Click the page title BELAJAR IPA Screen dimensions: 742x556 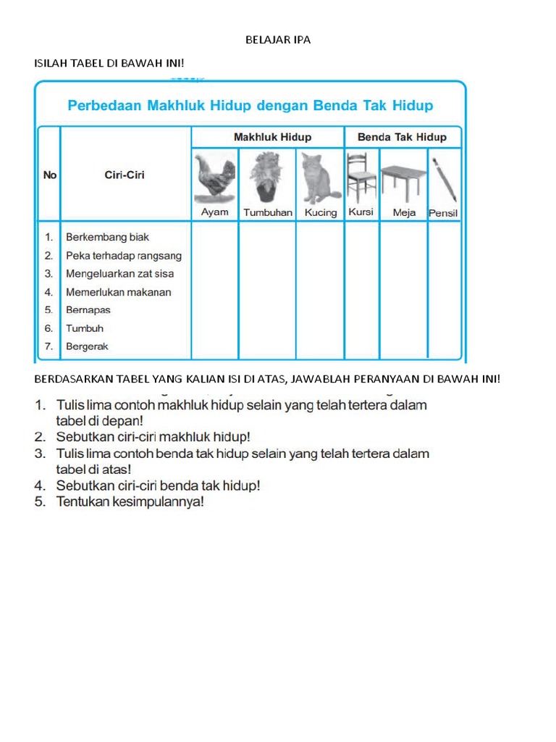click(278, 40)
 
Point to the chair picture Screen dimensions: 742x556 click(361, 178)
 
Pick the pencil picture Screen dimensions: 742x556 click(444, 178)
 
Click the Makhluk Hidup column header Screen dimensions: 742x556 click(272, 137)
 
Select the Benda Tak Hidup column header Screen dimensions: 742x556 click(402, 137)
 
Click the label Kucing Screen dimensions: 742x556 click(321, 212)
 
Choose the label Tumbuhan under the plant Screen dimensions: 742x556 click(268, 212)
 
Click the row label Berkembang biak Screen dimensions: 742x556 click(107, 237)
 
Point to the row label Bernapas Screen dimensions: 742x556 click(88, 310)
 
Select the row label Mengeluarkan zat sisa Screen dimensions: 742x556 click(119, 274)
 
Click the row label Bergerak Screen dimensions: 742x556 click(87, 346)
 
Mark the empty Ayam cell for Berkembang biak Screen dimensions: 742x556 click(215, 237)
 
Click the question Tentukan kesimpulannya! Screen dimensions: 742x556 click(130, 501)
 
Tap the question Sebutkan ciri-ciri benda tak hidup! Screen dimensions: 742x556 click(158, 485)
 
